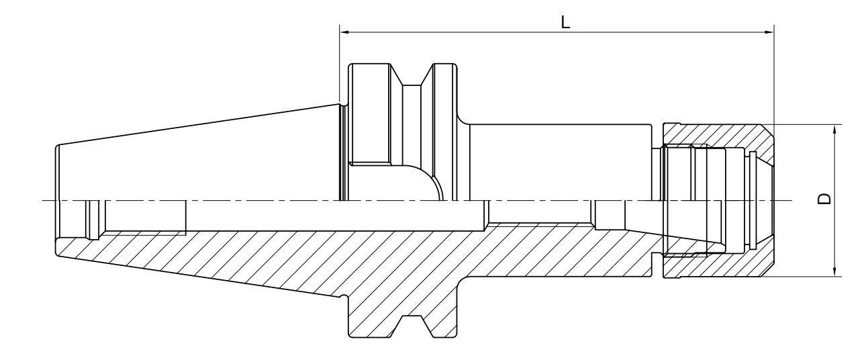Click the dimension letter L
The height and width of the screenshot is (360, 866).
565,22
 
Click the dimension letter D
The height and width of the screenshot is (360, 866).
824,198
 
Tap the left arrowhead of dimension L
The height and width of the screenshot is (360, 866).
345,32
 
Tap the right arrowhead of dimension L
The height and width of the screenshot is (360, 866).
769,32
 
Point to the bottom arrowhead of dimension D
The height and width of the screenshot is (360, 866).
834,271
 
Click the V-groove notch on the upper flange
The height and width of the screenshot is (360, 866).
412,75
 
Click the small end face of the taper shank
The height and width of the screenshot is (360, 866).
57,200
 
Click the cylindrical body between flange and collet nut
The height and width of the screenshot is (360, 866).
561,163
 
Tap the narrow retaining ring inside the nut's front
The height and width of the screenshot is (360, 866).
753,200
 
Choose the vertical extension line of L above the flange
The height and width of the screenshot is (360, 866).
340,64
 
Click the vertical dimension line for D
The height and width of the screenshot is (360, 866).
834,201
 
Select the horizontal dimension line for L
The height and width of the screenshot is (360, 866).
557,32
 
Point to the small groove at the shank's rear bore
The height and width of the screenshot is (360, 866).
94,220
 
